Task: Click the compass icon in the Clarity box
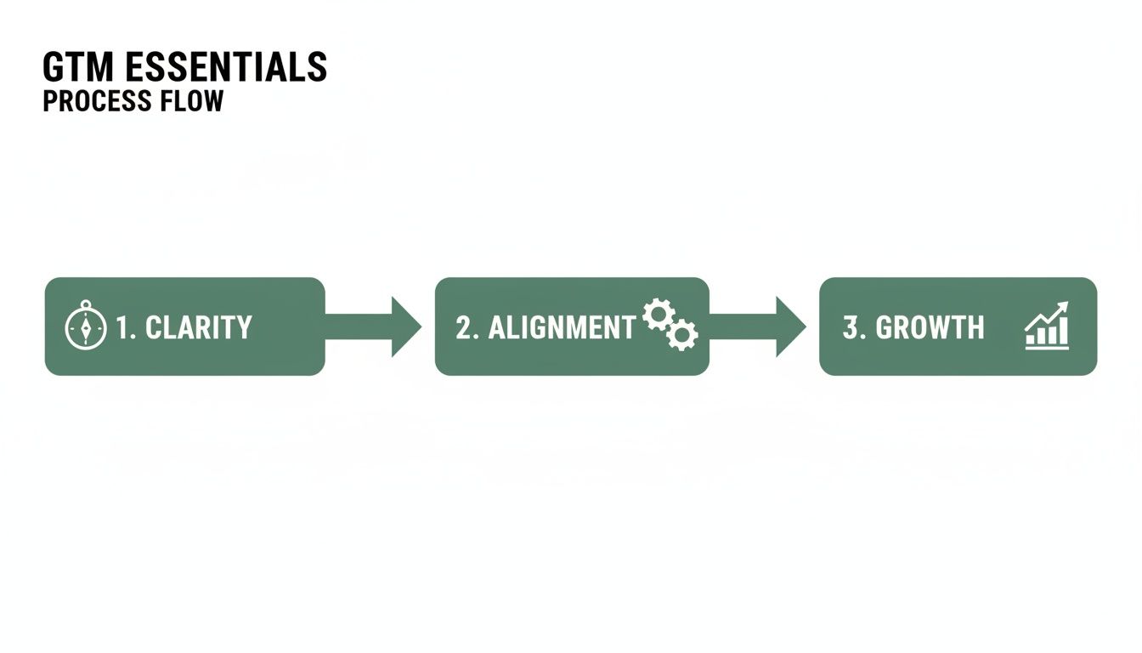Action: point(86,327)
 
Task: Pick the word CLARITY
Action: point(199,327)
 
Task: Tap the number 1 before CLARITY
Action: point(122,327)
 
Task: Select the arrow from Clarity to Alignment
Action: point(374,326)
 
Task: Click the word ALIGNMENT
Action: point(562,327)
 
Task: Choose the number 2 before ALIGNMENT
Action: point(463,327)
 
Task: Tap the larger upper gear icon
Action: point(657,315)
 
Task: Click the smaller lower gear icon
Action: point(681,335)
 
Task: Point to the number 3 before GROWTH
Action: point(851,327)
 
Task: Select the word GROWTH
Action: point(930,327)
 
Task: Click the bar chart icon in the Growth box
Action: point(1047,327)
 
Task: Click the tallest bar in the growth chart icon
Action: point(1063,331)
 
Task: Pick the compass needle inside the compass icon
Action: point(86,328)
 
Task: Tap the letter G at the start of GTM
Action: point(54,67)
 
